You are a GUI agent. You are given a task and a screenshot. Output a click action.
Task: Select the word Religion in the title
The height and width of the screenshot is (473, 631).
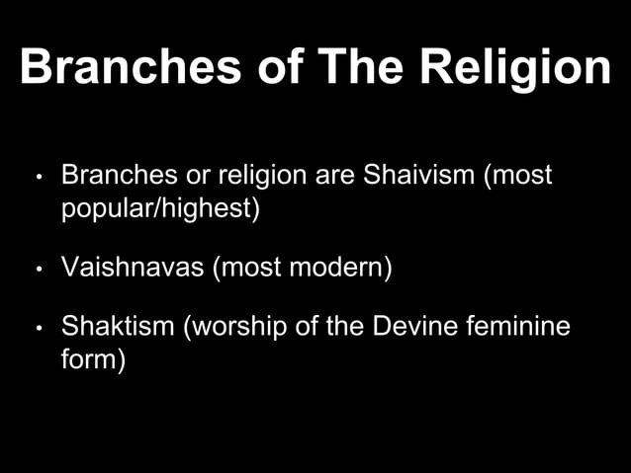coord(515,68)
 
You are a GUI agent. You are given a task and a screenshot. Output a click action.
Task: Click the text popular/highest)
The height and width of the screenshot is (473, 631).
coord(160,209)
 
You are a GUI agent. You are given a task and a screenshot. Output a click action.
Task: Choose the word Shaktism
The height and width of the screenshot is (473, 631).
coord(118,327)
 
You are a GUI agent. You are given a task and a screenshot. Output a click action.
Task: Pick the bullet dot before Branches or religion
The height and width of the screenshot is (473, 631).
coord(37,180)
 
